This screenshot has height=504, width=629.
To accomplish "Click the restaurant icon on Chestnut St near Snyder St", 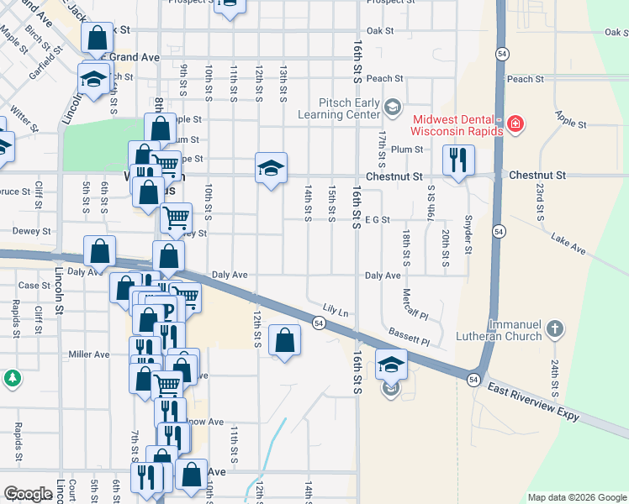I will click(458, 160).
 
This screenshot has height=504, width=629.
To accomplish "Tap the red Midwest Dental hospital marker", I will click(515, 126).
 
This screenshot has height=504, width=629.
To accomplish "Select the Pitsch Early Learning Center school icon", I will click(393, 106).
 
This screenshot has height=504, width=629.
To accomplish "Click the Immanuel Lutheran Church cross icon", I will click(554, 328).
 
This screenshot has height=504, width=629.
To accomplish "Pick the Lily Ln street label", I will click(338, 311).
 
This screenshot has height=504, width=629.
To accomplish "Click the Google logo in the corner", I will click(29, 494).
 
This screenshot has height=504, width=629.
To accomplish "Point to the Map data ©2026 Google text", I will click(577, 497).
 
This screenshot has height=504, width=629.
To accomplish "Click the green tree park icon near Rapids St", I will click(12, 379).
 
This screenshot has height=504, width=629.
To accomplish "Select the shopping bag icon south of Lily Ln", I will click(285, 341).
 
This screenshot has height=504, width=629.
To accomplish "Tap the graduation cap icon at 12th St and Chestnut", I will click(272, 168).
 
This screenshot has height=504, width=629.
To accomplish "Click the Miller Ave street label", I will click(89, 354).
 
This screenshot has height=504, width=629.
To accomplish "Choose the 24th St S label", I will click(555, 378).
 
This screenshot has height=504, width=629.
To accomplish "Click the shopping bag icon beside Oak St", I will click(97, 38).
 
